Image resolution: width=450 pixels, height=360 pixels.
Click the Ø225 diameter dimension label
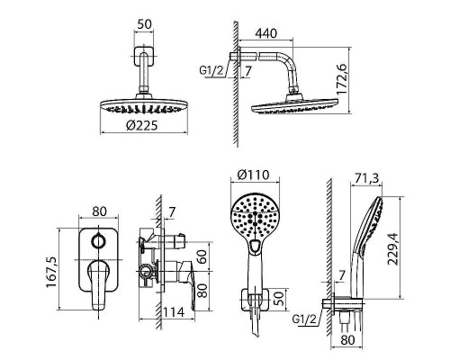[141, 125]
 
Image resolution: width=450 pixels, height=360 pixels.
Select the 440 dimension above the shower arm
[266, 33]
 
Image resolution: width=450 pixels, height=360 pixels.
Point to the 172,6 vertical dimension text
[342, 79]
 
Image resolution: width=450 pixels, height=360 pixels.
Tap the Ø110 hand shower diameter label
[253, 175]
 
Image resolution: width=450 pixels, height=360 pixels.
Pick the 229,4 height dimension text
[392, 248]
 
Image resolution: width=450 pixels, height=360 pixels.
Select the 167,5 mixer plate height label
[51, 272]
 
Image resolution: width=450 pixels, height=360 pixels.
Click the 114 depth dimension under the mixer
[174, 312]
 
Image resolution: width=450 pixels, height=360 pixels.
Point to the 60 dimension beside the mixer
[203, 256]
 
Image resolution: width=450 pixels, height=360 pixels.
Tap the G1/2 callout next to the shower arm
[211, 70]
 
